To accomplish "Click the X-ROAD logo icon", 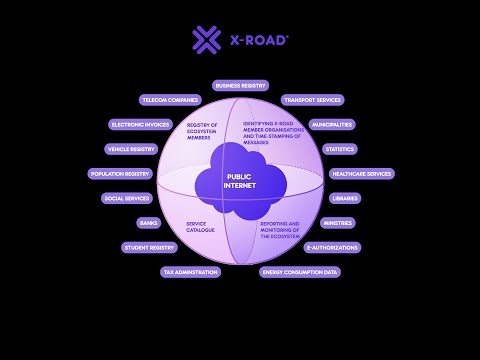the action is (206, 40).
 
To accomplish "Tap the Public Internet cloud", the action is (239, 177).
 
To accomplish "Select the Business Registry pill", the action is (240, 86).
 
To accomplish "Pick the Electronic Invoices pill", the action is (141, 125).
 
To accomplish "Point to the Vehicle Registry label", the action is (131, 149).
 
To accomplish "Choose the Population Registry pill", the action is (120, 174).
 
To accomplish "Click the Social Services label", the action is (127, 198).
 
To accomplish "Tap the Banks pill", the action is (149, 223).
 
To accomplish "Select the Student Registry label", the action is (149, 247).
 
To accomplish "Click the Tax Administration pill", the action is (190, 272).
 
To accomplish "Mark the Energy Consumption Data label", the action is (300, 272).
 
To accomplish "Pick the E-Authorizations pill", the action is (332, 247).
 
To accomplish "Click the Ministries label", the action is (338, 223).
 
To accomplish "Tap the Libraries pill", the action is (345, 198).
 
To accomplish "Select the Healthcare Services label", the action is (361, 174).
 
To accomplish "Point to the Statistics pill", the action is (341, 149).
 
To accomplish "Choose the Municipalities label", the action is (331, 125).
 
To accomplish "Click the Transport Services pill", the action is (313, 100).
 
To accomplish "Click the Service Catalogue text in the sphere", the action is (200, 227).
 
